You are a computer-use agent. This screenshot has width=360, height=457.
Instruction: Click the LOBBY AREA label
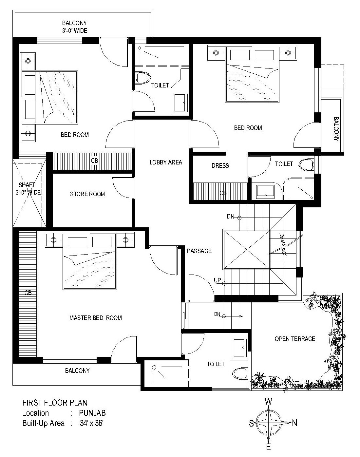coord(166,162)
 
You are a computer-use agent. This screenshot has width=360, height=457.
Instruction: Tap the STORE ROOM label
coord(87,194)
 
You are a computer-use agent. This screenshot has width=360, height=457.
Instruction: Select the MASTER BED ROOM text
coord(96,318)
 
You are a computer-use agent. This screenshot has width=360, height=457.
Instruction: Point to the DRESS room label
coord(220,166)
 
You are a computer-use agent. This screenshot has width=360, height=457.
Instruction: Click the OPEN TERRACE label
coord(295,339)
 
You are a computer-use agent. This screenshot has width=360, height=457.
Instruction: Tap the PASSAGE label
coord(199,251)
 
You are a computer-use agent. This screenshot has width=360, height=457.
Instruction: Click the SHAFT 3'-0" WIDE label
coord(28,189)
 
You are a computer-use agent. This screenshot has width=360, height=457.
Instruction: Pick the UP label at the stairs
coord(217,280)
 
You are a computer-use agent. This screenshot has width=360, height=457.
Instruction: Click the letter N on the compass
coord(294,423)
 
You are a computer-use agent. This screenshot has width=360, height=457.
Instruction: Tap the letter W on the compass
coord(269,402)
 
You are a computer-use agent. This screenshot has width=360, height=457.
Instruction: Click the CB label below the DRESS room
coord(223,193)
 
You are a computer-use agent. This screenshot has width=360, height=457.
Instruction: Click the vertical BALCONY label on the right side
coord(336,129)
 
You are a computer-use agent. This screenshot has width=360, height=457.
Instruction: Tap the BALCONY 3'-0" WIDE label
coord(74,27)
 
